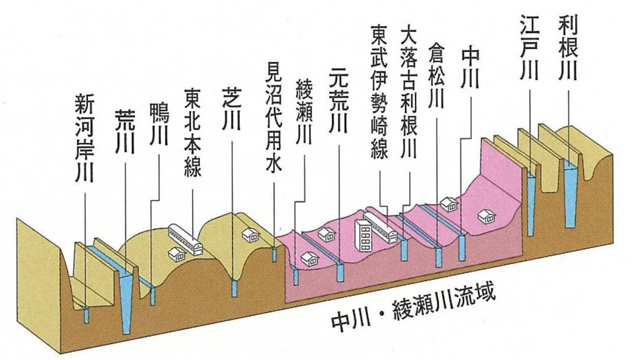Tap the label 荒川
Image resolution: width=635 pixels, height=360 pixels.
(x=125, y=131)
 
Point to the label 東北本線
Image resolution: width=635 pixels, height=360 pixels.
(x=193, y=133)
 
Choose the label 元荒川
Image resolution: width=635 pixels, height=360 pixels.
(x=338, y=101)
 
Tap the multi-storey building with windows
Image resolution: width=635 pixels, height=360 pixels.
(x=364, y=235)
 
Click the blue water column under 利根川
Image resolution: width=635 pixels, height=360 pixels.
(x=571, y=194)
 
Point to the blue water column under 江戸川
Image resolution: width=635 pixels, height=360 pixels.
(x=531, y=203)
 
